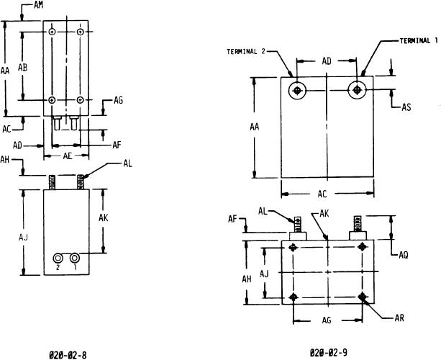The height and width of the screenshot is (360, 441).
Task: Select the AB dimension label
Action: [22, 67]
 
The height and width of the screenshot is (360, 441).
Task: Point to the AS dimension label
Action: [406, 107]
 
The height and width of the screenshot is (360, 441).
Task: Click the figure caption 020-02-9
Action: [329, 353]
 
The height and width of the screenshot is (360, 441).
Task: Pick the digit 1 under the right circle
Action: [76, 267]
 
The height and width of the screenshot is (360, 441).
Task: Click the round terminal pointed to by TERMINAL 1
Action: [357, 91]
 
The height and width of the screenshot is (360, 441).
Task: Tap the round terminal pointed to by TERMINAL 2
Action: [297, 91]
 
